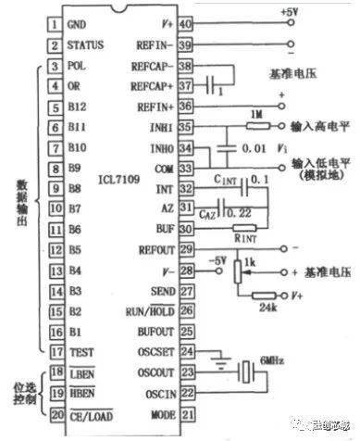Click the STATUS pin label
pyautogui.click(x=82, y=44)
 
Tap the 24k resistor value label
pyautogui.click(x=267, y=308)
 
